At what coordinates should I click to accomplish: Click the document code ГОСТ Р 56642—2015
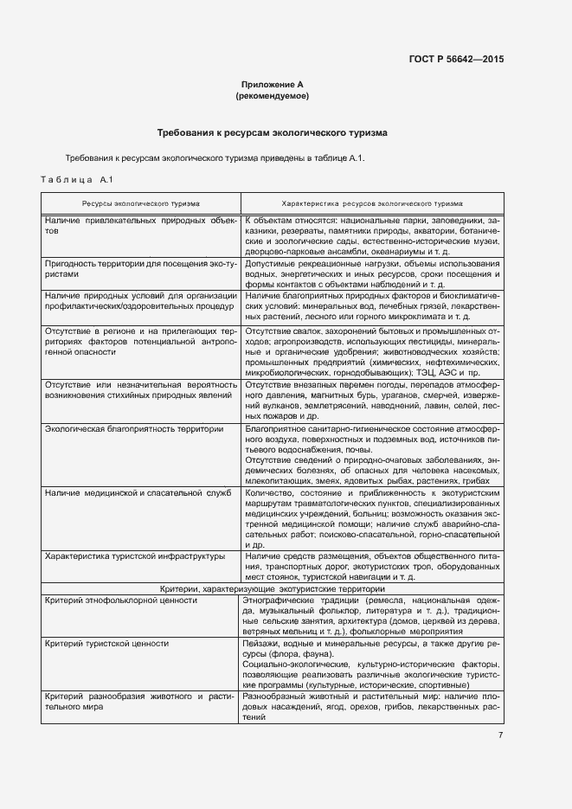click(455, 60)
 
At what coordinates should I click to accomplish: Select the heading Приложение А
click(272, 85)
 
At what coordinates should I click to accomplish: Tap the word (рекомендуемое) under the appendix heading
click(272, 96)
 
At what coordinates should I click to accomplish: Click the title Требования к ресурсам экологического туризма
click(272, 133)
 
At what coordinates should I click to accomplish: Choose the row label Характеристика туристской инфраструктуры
click(134, 555)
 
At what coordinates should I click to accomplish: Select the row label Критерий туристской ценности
click(106, 644)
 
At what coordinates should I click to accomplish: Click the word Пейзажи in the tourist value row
click(263, 644)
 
